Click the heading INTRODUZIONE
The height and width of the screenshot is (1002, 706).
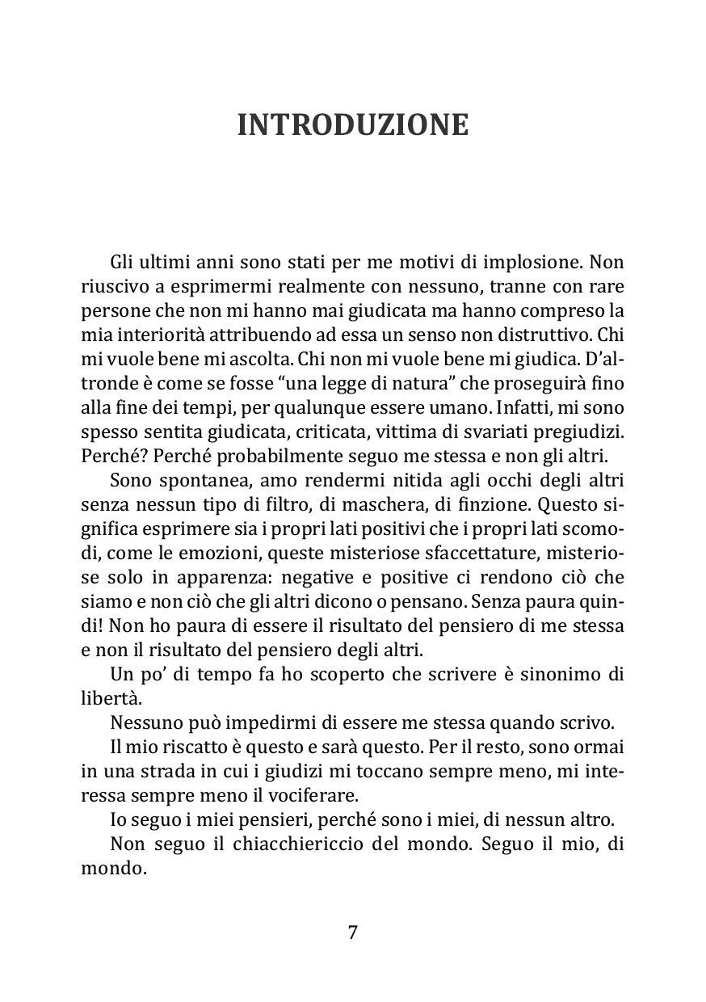tap(353, 125)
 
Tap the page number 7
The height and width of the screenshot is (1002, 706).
tap(353, 933)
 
